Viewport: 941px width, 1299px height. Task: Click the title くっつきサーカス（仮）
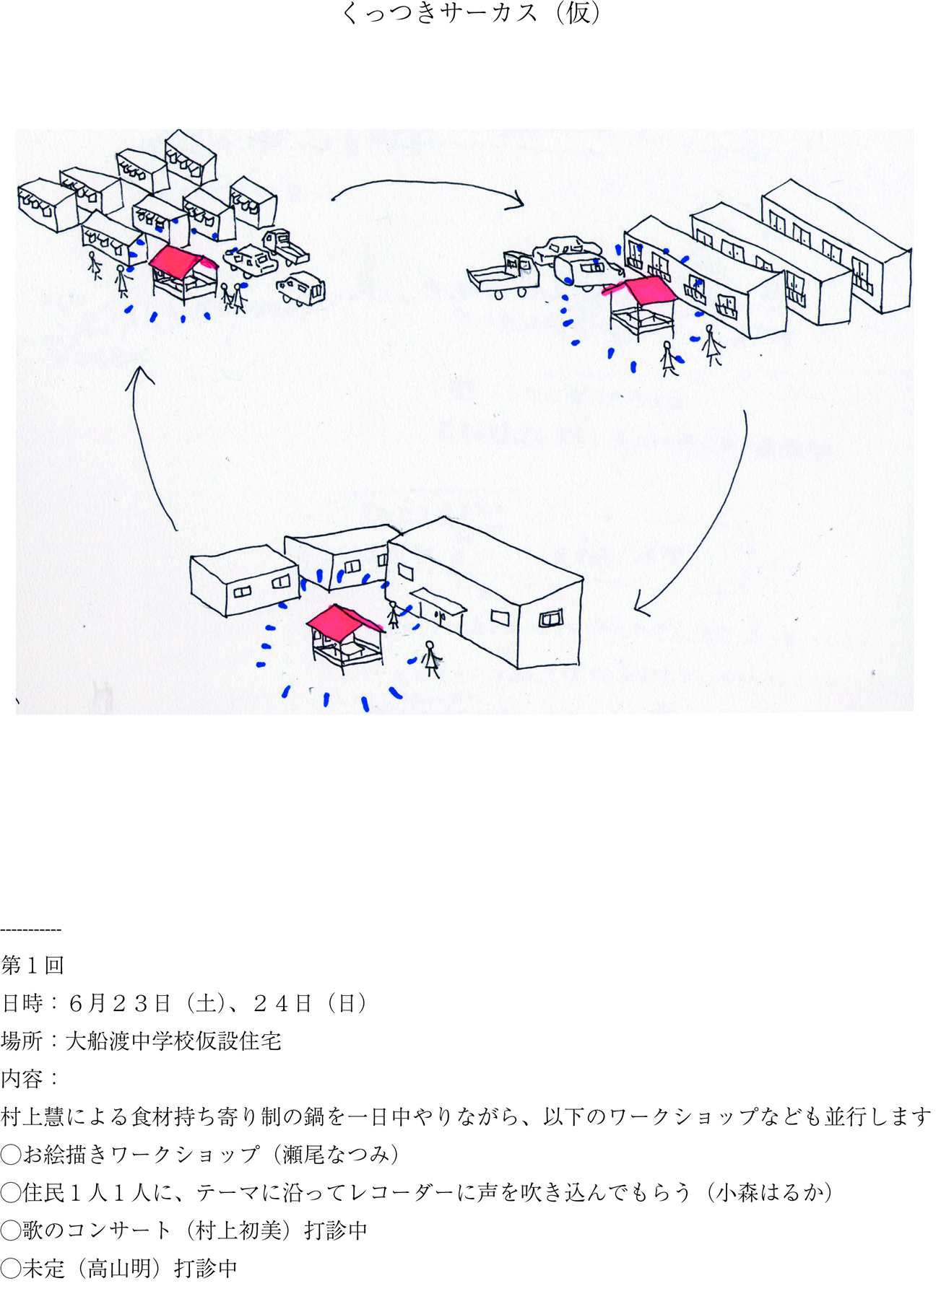[x=470, y=13]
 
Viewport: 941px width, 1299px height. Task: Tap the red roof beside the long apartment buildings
[x=645, y=290]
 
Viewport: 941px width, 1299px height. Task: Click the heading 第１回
[x=32, y=965]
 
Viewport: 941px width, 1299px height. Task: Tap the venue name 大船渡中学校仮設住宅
[x=173, y=1041]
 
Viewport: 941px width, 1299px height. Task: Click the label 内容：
[x=30, y=1078]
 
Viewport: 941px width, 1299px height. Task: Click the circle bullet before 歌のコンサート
[x=11, y=1230]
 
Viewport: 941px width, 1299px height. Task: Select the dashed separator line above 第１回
[x=31, y=930]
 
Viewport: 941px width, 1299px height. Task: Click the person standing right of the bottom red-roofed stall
[x=431, y=659]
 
